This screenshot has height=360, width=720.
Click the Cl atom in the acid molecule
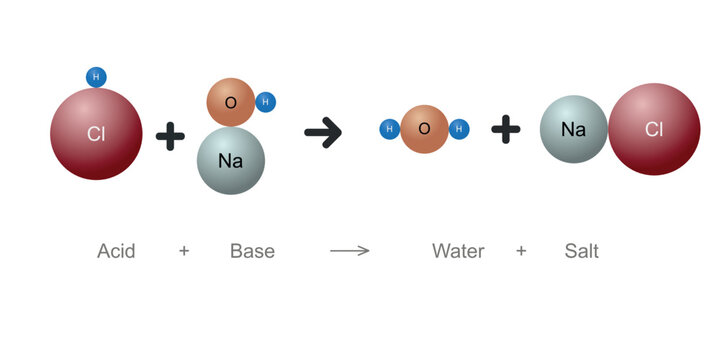tap(96, 134)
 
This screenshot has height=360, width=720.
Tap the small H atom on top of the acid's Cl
tap(96, 77)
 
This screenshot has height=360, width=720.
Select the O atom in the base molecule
tap(231, 102)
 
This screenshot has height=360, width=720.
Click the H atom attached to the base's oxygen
tap(265, 102)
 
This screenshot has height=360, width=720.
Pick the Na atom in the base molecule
tap(231, 160)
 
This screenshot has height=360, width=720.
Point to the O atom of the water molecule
tap(424, 129)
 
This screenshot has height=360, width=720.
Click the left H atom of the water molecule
tap(390, 129)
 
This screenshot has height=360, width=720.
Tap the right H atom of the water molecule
tap(459, 129)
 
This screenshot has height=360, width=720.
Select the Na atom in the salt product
tap(573, 129)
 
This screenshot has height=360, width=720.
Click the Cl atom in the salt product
tap(654, 129)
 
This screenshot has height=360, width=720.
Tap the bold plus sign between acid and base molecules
tap(171, 134)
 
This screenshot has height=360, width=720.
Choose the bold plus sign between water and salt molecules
tap(506, 129)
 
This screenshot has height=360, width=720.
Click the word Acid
tap(116, 251)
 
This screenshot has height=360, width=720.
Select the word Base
tap(252, 251)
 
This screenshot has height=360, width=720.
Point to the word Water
tap(458, 251)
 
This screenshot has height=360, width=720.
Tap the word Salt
tap(581, 251)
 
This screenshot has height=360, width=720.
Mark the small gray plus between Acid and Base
tap(184, 251)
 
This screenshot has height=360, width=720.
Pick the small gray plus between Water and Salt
tap(521, 251)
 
